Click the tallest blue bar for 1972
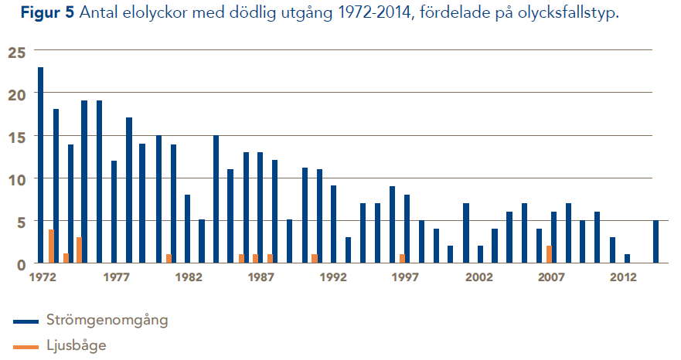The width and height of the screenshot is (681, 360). (40, 165)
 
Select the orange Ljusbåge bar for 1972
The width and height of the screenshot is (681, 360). (51, 246)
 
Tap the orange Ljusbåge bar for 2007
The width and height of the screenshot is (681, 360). (549, 255)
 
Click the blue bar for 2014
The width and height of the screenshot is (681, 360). (655, 243)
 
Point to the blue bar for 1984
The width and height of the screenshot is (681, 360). (216, 199)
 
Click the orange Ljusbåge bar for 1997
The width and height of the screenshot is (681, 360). (402, 259)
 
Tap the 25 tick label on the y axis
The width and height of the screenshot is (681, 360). (16, 52)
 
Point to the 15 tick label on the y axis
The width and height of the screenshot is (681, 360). (16, 137)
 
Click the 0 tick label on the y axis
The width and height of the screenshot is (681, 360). (21, 264)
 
